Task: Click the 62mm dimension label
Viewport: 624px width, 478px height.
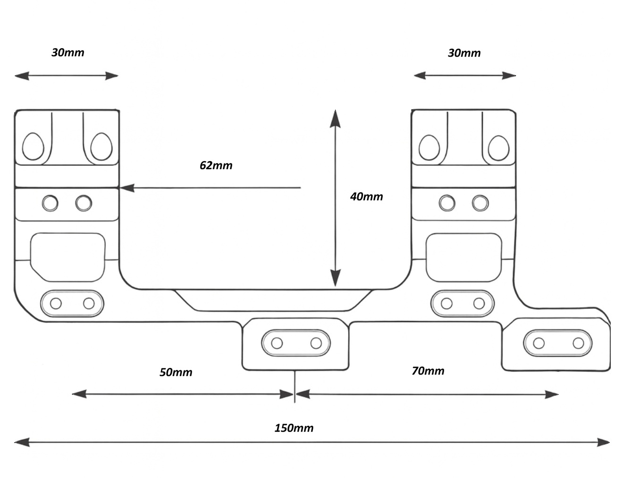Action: coord(216,165)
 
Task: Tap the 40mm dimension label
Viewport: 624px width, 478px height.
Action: coord(366,196)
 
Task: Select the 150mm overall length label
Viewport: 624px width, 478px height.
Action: coord(294,428)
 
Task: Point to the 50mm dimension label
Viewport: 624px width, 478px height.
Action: coord(176,372)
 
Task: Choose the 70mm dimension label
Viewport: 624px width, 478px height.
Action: coord(428,371)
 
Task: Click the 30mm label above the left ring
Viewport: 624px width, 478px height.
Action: coord(67,52)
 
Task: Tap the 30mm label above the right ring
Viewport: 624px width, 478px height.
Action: coord(464,53)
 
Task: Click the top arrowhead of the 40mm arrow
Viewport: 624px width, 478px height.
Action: coord(335,118)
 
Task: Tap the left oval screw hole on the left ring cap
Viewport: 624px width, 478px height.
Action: coord(33,146)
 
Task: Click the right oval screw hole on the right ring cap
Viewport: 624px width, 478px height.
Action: coord(498,148)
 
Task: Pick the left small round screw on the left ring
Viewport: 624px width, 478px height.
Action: coord(50,204)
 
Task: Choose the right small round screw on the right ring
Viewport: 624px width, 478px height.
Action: coord(481,204)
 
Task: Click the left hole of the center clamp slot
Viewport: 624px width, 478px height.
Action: coord(277,343)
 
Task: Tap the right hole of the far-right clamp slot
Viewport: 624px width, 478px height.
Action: coord(578,343)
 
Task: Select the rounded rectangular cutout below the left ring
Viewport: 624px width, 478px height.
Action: coord(67,255)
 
